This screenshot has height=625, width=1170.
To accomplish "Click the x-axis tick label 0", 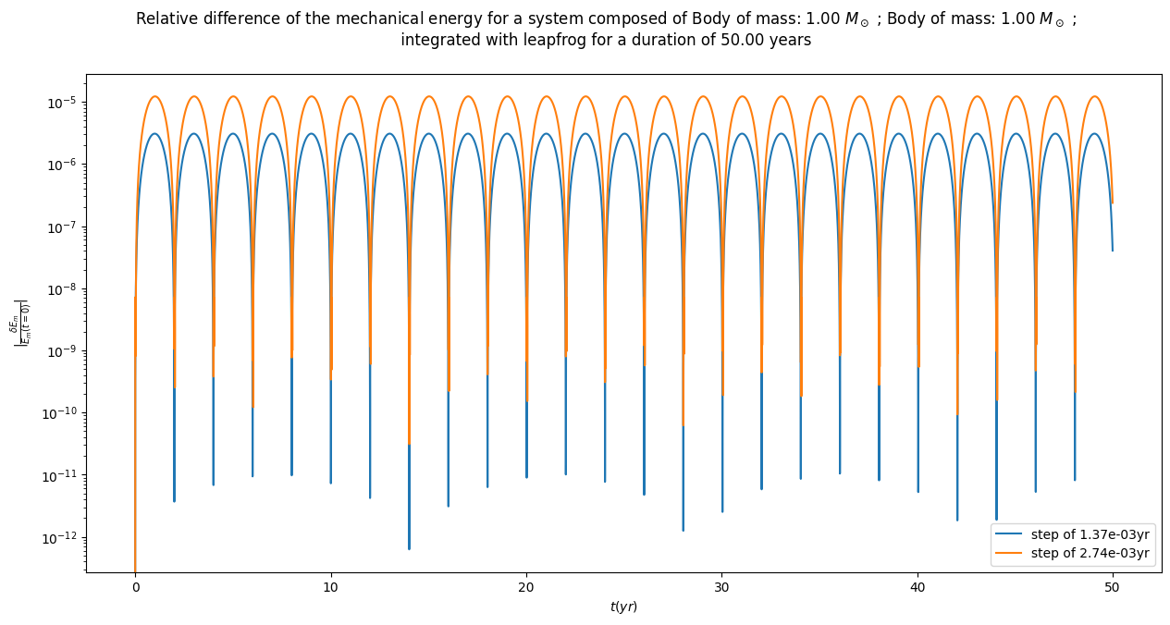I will coord(135,588).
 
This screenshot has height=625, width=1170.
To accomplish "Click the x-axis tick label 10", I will coord(330,588).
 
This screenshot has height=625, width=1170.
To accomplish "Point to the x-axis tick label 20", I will coord(526,588).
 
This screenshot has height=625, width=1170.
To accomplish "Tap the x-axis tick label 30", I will coord(721,588).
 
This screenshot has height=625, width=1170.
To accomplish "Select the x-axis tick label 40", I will coord(918,588).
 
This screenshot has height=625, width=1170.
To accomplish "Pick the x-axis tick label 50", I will coord(1113,588).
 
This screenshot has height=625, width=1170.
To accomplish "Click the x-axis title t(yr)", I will coord(623,607).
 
